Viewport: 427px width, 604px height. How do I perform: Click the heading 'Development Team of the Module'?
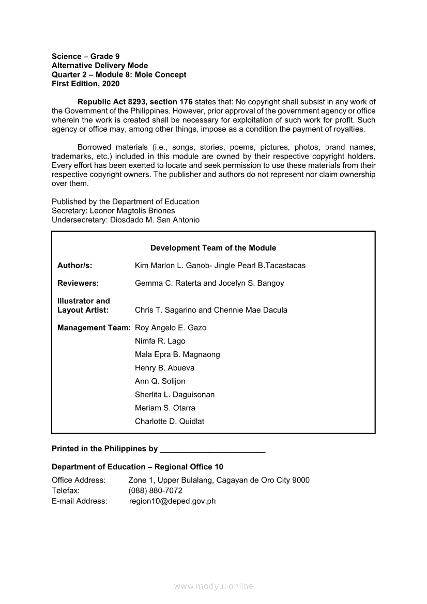pyautogui.click(x=213, y=248)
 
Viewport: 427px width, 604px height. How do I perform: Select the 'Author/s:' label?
pyautogui.click(x=75, y=266)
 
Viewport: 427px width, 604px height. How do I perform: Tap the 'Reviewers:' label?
pyautogui.click(x=78, y=283)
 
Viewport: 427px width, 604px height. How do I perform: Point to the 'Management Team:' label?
pyautogui.click(x=94, y=328)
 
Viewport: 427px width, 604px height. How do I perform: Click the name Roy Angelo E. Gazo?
pyautogui.click(x=171, y=328)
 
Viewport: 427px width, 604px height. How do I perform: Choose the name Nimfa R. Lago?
pyautogui.click(x=160, y=341)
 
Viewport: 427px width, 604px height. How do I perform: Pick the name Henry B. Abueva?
pyautogui.click(x=164, y=368)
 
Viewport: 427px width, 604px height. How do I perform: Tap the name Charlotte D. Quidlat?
pyautogui.click(x=170, y=421)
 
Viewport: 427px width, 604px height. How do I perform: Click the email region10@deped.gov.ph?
pyautogui.click(x=172, y=501)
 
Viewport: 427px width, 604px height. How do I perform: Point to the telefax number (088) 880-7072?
pyautogui.click(x=155, y=490)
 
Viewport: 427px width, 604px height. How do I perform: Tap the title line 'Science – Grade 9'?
pyautogui.click(x=86, y=56)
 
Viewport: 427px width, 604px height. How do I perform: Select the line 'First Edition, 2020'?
pyautogui.click(x=85, y=83)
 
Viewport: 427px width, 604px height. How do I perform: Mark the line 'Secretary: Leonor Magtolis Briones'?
pyautogui.click(x=113, y=211)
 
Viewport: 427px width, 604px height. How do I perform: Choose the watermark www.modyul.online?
pyautogui.click(x=213, y=586)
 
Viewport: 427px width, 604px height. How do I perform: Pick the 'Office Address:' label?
pyautogui.click(x=79, y=480)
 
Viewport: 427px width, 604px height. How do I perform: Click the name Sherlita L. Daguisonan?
pyautogui.click(x=175, y=394)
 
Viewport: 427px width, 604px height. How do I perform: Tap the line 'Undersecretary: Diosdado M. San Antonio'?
pyautogui.click(x=126, y=220)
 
